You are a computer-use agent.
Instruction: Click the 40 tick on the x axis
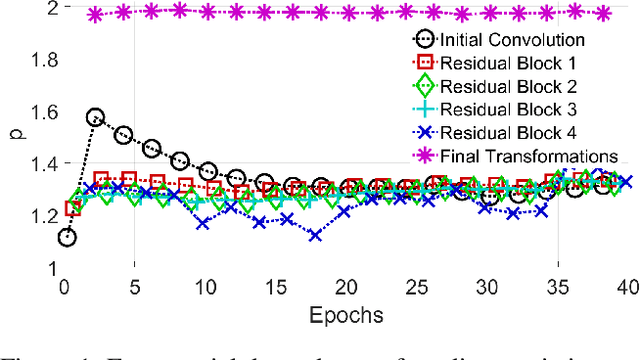click(x=626, y=287)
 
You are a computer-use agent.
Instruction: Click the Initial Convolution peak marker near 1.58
click(x=96, y=117)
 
